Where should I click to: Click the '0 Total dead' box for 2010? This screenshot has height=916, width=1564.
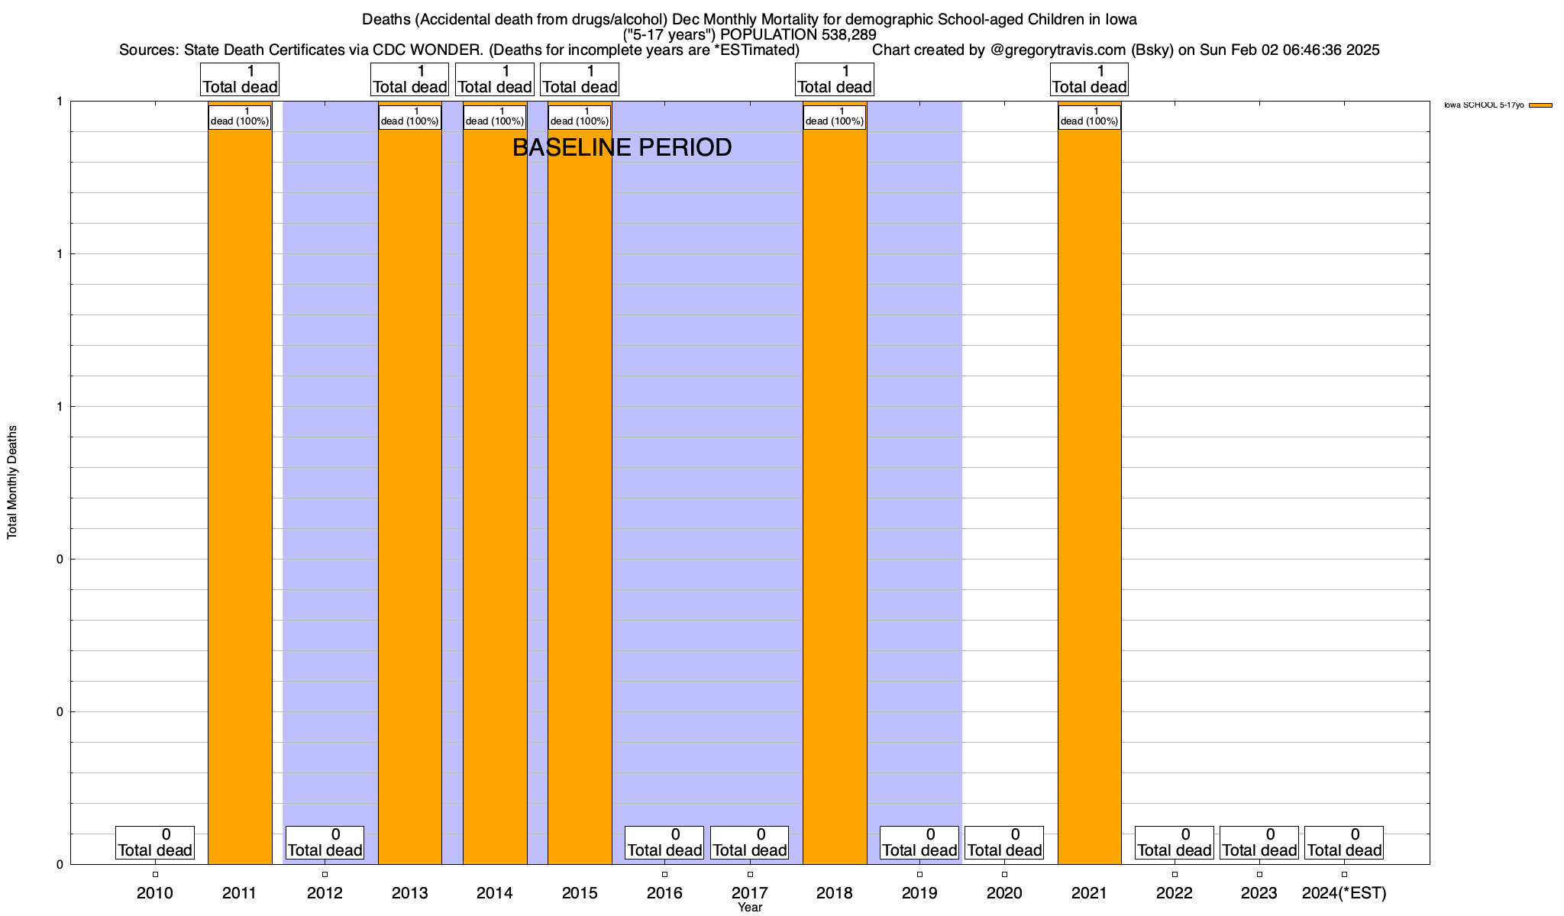[155, 843]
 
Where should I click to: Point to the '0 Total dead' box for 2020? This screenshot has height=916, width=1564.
[1004, 843]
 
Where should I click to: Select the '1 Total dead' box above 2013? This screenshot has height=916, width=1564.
[409, 79]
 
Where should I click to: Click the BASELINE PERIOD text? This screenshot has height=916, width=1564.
[622, 147]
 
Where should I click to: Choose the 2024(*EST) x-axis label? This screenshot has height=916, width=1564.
[1344, 893]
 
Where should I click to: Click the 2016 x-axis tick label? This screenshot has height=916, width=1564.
[664, 893]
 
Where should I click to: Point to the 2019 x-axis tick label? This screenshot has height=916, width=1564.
[919, 893]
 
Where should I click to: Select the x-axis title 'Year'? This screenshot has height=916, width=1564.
[750, 908]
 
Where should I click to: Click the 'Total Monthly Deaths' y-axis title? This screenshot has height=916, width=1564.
[12, 482]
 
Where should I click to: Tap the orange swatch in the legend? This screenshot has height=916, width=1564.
[1540, 105]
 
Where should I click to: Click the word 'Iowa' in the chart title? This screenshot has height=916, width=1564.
[1120, 19]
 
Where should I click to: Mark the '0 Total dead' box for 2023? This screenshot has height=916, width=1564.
[1259, 843]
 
